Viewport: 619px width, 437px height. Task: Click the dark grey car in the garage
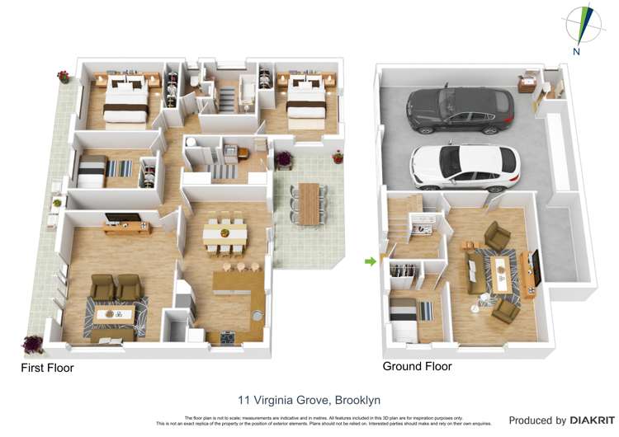[x=460, y=110]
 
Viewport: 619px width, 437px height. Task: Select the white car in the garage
[x=465, y=164]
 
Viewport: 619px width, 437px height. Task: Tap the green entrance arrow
[x=369, y=262]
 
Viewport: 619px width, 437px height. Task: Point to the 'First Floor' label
[x=47, y=368]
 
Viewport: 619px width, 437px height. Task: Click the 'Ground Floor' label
[x=417, y=366]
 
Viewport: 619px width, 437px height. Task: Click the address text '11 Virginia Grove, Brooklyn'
[x=309, y=400]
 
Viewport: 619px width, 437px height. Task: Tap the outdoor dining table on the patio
[x=309, y=203]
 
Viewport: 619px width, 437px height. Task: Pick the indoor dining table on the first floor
[x=224, y=233]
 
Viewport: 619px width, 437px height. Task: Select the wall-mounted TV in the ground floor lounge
[x=536, y=265]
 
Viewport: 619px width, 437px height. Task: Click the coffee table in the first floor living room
[x=115, y=314]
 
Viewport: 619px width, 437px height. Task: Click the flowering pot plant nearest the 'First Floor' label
[x=34, y=343]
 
